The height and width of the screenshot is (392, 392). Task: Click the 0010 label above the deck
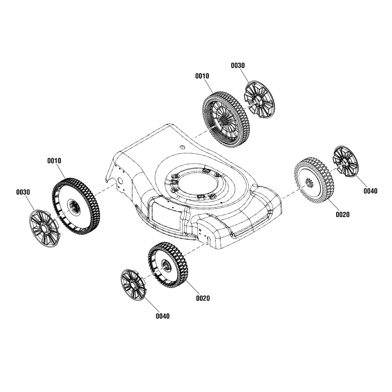coord(202,76)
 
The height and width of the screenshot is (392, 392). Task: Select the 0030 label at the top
coord(238,65)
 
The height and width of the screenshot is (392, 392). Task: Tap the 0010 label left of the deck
coord(54,161)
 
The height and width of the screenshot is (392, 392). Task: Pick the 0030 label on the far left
coord(23,192)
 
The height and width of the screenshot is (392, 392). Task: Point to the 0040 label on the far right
coord(370,191)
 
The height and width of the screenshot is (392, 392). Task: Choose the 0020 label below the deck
coord(203,298)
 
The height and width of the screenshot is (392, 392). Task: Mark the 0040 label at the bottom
coord(163,316)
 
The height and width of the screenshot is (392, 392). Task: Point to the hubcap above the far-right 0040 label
coord(346,162)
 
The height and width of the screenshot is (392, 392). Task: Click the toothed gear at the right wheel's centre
coord(309,183)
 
